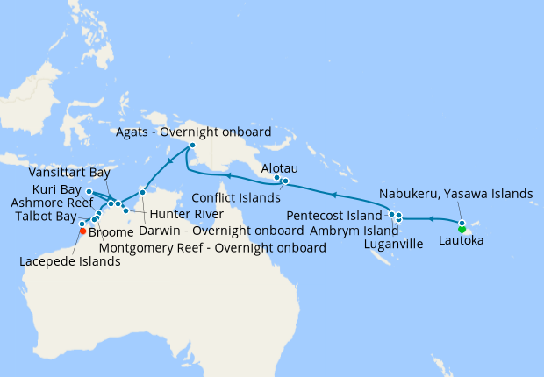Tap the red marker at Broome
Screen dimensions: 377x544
(82, 232)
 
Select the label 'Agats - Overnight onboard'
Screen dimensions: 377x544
(194, 132)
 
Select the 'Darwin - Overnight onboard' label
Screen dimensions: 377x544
(221, 231)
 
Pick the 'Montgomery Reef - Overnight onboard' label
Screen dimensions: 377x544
(213, 248)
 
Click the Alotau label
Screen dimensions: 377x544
(281, 166)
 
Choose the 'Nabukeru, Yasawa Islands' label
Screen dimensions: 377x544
(456, 194)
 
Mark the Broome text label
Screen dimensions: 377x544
(111, 233)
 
